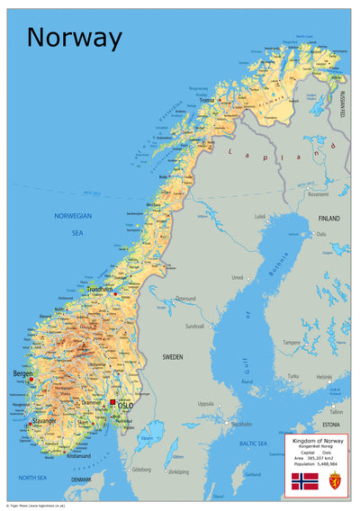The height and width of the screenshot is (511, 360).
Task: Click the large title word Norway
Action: pos(74,38)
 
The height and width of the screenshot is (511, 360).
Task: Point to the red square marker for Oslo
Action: pos(112,403)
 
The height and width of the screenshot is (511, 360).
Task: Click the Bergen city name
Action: pos(22,372)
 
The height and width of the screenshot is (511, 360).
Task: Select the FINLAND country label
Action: pos(328,219)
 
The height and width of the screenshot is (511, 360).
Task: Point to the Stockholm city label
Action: pos(241,423)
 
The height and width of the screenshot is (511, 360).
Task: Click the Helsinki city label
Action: pos(324,376)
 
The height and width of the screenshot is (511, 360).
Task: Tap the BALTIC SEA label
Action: pos(254,444)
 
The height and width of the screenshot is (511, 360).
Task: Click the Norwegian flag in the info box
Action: pos(304,480)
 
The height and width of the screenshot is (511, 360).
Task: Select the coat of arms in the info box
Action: pos(335,480)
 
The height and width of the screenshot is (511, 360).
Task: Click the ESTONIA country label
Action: pos(331,423)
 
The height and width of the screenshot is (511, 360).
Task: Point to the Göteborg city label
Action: pos(141,470)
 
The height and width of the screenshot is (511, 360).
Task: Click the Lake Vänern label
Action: pos(147,438)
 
